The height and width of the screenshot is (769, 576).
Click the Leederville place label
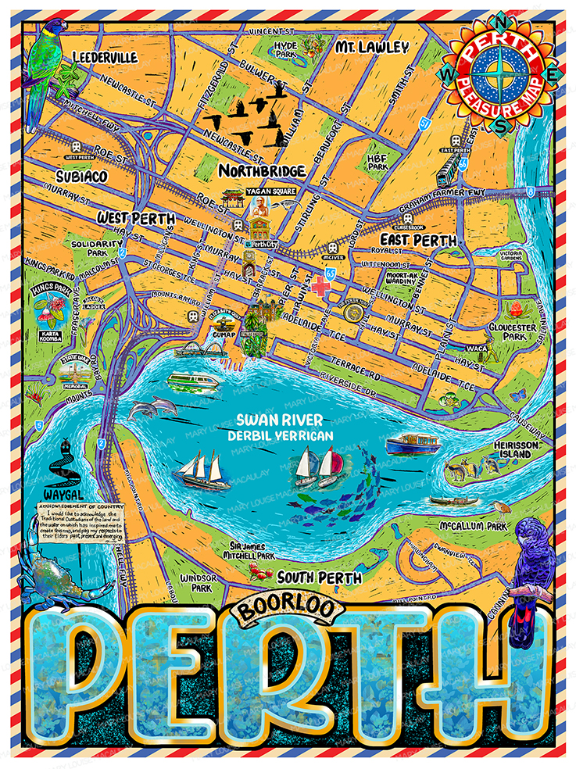[104, 58]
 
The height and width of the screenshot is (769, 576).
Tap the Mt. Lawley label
[367, 48]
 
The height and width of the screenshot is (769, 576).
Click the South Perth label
[323, 578]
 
